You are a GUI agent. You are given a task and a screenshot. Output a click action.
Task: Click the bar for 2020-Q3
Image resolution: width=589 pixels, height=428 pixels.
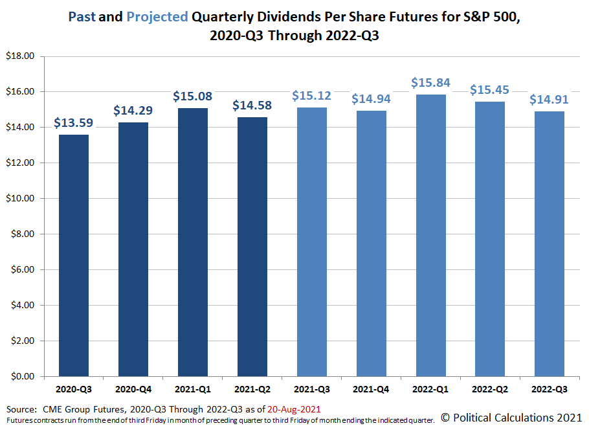point(74,255)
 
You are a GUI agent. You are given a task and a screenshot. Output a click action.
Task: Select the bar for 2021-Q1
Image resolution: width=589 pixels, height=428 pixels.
point(193,242)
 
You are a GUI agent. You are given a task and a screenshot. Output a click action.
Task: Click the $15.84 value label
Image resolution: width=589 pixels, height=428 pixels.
point(431,83)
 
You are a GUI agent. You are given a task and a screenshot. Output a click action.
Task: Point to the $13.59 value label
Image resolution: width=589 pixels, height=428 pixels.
point(74,123)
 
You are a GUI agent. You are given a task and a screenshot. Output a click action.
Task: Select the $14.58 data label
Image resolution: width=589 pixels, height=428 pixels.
point(252,106)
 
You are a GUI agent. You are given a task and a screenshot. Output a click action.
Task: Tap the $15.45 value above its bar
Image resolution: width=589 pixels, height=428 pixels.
point(491,90)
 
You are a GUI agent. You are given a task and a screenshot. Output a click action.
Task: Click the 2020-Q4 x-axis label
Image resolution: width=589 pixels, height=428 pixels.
point(133,390)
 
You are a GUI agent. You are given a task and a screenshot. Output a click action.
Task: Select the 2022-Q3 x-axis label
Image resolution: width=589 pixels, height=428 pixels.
point(550,390)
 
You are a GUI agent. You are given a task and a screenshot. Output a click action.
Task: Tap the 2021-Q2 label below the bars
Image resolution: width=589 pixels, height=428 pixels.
point(252,390)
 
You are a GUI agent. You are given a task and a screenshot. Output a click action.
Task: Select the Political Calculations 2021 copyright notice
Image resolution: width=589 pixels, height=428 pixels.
point(511,418)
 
